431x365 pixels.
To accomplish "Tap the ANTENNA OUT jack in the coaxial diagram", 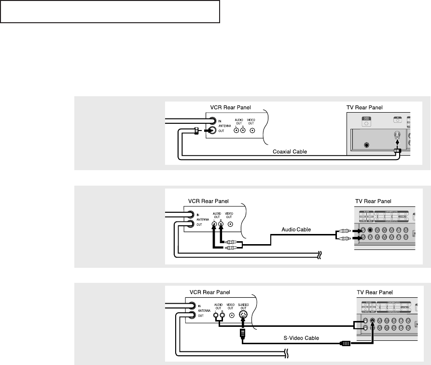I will (x=212, y=131).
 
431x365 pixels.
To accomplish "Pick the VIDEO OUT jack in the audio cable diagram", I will (x=231, y=224).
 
